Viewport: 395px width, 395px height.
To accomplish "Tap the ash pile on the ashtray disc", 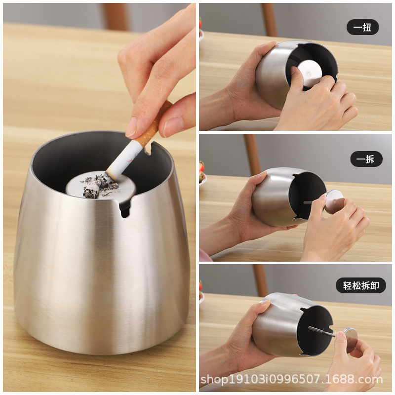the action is point(100,186).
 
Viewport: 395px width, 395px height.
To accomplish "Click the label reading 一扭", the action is point(363,27).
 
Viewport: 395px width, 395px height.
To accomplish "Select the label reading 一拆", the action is point(366,159).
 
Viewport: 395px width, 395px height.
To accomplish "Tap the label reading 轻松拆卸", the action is point(361,285).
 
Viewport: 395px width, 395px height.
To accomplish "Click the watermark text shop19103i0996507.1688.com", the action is point(291,379).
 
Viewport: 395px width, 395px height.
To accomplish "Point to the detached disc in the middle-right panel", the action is point(334,201).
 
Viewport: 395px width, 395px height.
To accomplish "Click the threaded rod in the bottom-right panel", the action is point(322,331).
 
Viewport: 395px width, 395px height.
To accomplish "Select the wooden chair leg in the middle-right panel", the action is point(252,155).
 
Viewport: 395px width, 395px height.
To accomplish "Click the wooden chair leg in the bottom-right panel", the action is point(260,280).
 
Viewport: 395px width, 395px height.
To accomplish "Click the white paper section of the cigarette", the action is point(123,159).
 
